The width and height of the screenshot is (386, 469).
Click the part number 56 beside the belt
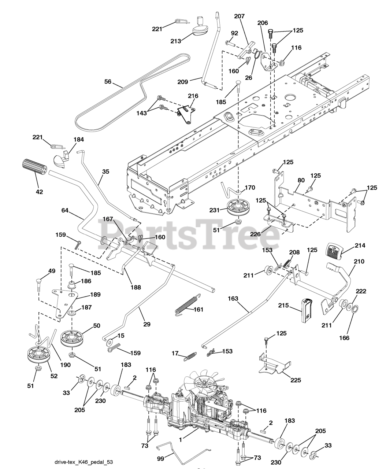click(108, 82)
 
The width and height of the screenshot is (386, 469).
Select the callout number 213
click(176, 41)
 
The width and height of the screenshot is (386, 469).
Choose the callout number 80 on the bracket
click(301, 180)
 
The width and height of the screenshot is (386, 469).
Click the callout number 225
click(296, 380)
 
